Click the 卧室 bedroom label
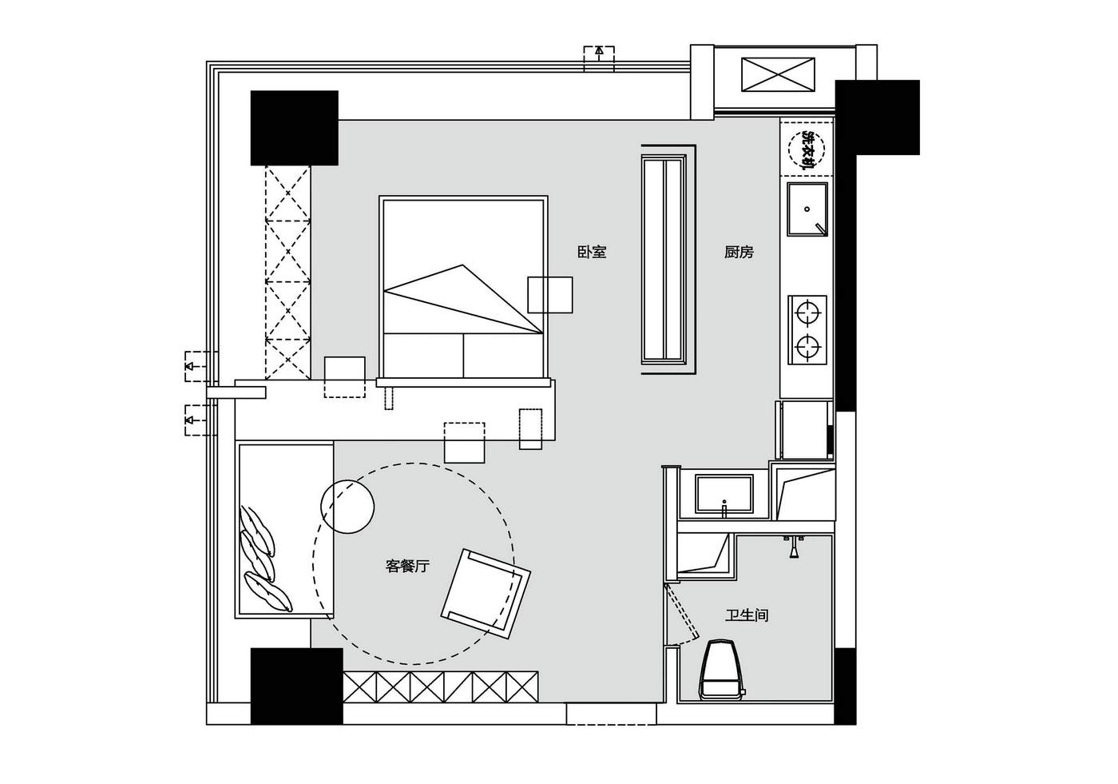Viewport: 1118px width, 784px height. tap(592, 253)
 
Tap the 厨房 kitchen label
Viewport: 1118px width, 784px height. tap(739, 253)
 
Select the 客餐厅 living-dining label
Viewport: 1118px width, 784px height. tap(407, 566)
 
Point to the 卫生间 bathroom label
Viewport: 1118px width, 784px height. tap(747, 615)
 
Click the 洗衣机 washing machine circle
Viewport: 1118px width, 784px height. tap(807, 149)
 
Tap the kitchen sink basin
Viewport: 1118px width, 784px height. tap(807, 209)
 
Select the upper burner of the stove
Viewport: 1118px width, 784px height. tap(807, 313)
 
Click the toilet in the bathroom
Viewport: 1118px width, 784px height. tap(722, 669)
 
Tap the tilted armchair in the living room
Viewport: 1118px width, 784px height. tap(486, 593)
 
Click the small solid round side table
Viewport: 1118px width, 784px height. tap(347, 507)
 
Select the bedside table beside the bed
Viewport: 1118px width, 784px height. tap(550, 295)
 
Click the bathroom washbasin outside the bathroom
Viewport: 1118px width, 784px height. tap(724, 494)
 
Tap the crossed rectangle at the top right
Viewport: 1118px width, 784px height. tap(778, 74)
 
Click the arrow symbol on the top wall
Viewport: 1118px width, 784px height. tap(599, 51)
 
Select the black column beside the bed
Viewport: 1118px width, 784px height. tap(295, 128)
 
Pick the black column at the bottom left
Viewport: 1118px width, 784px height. tap(296, 686)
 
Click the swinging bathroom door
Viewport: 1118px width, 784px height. tap(682, 613)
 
